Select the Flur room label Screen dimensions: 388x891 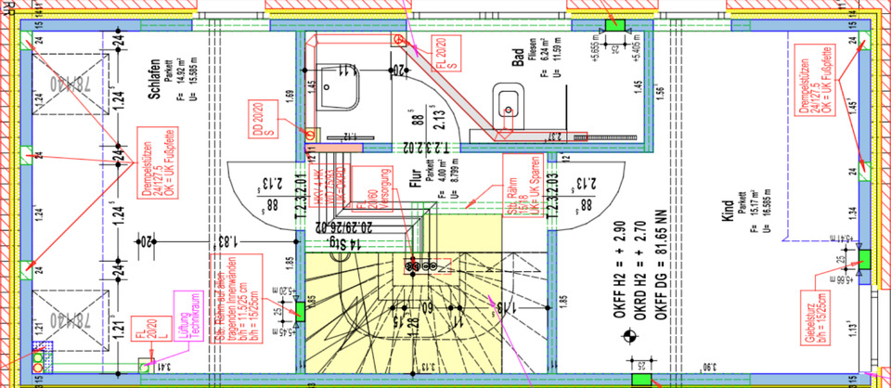414,171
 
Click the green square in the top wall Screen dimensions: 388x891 613,24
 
